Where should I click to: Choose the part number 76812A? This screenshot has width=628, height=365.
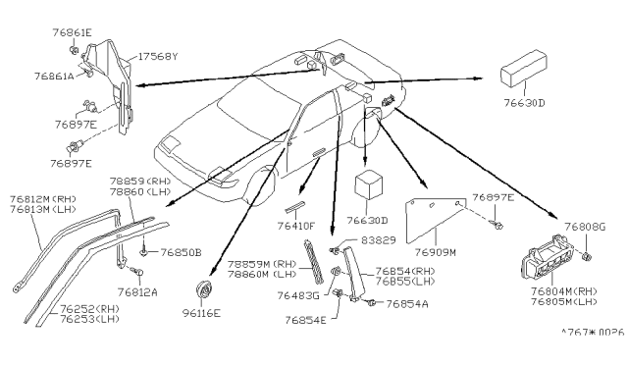point(138,291)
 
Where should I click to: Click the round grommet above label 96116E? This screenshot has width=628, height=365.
point(206,288)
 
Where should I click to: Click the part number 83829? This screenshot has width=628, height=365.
point(376,238)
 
